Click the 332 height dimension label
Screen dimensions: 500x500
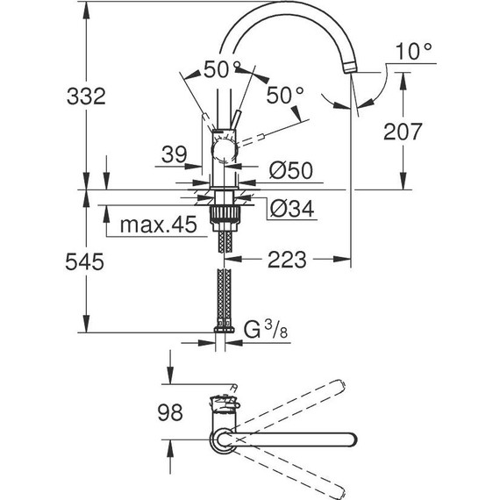87,96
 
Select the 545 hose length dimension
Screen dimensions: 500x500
86,261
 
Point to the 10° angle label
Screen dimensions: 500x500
414,52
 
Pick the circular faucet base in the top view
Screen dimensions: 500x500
220,437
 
